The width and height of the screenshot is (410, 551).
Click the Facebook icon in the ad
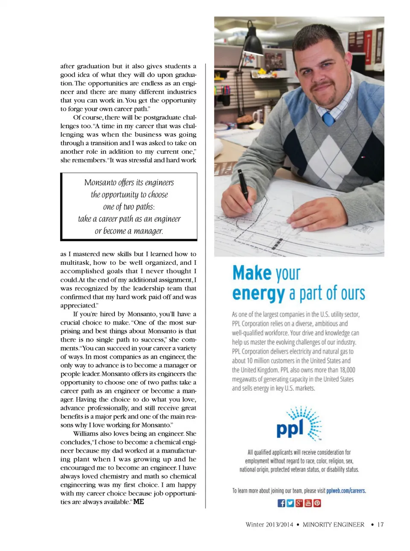click(281, 503)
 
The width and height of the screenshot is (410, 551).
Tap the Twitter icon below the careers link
click(290, 503)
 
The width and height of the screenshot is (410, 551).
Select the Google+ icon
click(299, 503)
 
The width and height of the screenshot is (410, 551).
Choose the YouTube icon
click(308, 503)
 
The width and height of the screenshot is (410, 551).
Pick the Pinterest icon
click(317, 503)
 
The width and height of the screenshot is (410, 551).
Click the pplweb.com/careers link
click(346, 491)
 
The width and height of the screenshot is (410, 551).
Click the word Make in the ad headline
click(252, 273)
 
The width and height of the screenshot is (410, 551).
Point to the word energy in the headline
click(258, 294)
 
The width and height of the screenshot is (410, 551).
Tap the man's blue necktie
click(328, 118)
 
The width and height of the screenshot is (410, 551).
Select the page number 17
click(380, 525)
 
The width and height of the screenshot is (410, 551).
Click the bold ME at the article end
click(138, 502)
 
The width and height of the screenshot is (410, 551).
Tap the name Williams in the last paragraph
click(86, 434)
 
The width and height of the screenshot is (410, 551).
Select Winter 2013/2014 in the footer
click(269, 525)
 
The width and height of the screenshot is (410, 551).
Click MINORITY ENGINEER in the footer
click(333, 525)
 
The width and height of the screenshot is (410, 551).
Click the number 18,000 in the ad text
click(347, 370)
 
